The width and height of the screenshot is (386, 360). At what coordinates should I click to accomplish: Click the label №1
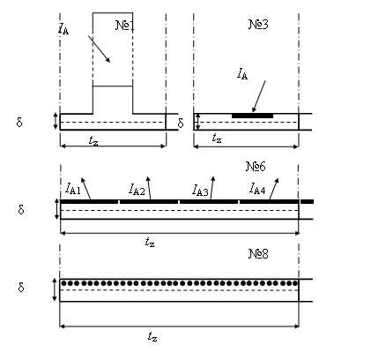click(x=125, y=26)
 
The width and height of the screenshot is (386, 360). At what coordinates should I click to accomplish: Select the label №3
click(x=258, y=25)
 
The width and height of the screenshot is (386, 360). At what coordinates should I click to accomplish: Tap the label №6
click(x=256, y=167)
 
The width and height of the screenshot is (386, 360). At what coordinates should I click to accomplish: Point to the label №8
click(x=258, y=253)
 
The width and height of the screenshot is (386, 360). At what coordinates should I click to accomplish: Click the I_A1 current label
click(x=72, y=189)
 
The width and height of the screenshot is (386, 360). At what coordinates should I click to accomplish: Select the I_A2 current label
click(x=137, y=189)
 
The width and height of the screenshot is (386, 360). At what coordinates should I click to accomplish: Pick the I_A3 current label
click(x=200, y=190)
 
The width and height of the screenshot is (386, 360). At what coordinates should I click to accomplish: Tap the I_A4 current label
click(x=257, y=189)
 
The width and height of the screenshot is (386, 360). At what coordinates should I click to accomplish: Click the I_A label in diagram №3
click(x=242, y=74)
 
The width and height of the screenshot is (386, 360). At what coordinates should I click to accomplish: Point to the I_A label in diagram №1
click(x=63, y=29)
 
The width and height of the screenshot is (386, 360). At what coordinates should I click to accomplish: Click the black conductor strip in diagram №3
click(x=252, y=116)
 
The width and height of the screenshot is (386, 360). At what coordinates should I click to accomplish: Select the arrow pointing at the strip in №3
click(x=259, y=96)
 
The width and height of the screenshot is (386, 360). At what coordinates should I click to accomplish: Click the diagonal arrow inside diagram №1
click(x=99, y=49)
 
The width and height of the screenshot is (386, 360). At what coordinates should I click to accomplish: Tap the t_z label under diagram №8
click(x=152, y=336)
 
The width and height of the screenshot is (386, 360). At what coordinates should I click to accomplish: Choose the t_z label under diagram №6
click(x=150, y=243)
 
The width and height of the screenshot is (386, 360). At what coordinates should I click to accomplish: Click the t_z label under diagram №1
click(x=93, y=141)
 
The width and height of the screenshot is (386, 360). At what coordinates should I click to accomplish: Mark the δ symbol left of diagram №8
click(x=21, y=287)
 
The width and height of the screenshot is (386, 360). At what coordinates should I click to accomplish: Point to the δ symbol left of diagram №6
click(x=21, y=209)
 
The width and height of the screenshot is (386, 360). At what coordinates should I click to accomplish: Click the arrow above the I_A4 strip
click(x=274, y=189)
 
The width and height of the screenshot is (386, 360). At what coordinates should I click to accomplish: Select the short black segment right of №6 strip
click(x=307, y=202)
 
